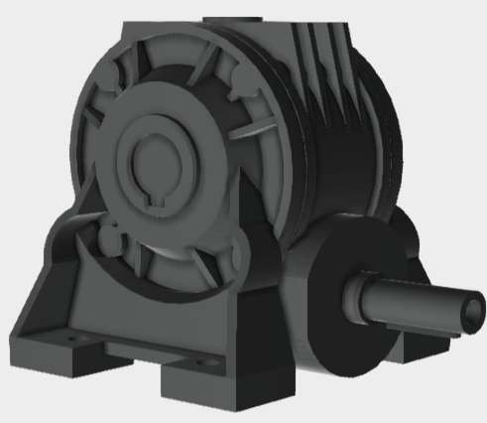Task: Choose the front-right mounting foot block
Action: tap(223, 382)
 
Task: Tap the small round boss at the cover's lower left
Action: tap(105, 239)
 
